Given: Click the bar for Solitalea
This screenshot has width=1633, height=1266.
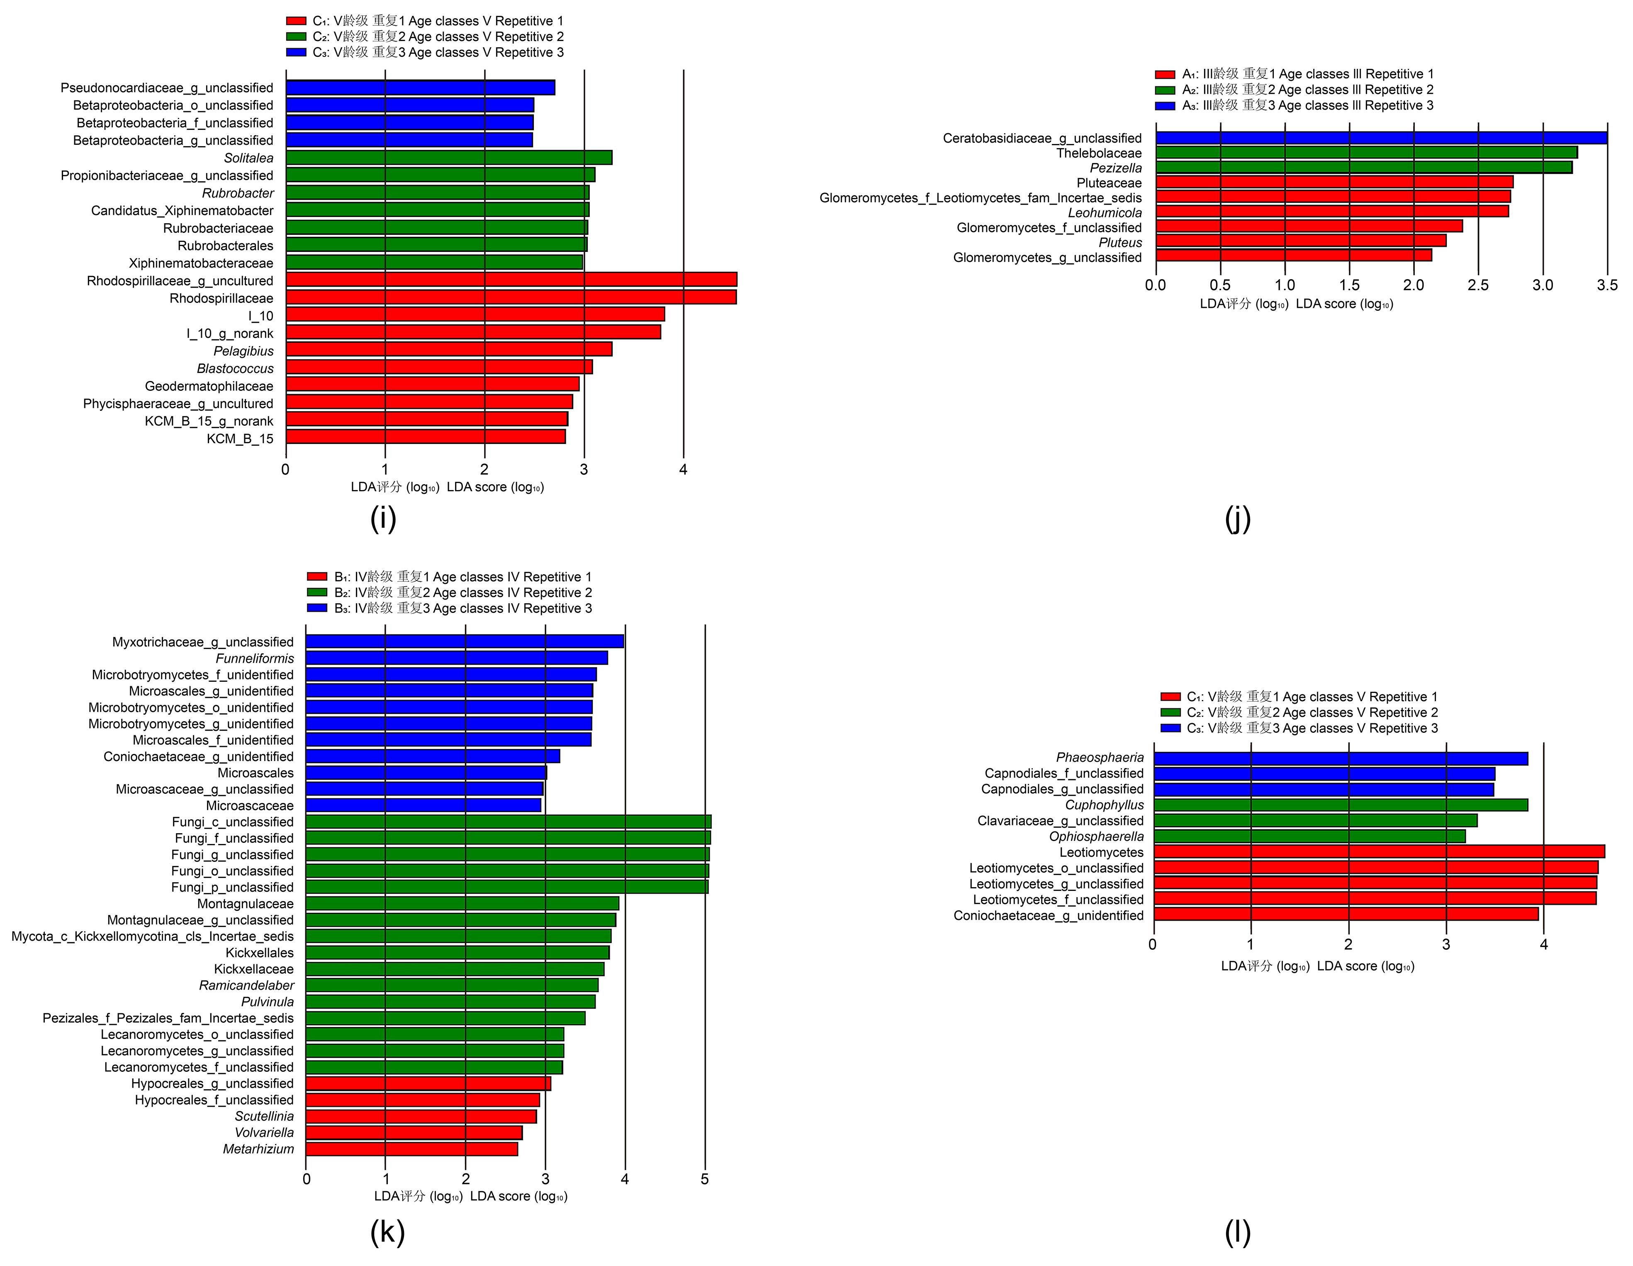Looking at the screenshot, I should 449,158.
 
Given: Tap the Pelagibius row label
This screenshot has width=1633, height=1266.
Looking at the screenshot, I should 244,351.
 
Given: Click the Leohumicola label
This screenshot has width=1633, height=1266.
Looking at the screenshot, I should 1105,212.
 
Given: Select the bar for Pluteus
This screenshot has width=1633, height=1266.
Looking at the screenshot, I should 1300,241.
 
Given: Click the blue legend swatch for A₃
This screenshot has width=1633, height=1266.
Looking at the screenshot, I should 1165,105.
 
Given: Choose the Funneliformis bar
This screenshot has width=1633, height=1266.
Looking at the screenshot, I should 456,658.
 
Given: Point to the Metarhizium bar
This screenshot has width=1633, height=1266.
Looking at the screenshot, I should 411,1149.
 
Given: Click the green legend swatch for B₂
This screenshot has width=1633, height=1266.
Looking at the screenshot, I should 317,592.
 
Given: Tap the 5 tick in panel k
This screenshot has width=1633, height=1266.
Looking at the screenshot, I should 704,1179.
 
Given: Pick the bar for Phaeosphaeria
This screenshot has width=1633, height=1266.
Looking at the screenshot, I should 1340,758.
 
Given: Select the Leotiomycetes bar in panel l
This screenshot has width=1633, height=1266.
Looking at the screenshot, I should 1378,852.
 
